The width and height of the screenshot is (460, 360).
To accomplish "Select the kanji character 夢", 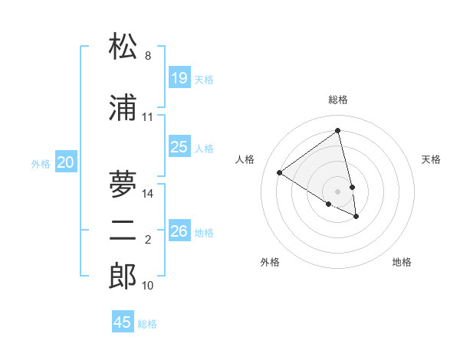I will coord(123,184).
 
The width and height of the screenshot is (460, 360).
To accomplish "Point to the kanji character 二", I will coord(123,231).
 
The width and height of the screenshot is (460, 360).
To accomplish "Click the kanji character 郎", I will coord(123,276).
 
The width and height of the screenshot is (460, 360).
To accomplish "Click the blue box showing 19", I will coord(179,78).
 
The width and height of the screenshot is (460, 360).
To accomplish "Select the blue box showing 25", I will coord(179,147).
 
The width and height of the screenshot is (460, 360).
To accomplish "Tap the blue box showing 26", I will coord(179,231).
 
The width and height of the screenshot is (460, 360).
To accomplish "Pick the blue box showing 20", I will coord(66,162).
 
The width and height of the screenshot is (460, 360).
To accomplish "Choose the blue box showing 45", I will coord(123,322).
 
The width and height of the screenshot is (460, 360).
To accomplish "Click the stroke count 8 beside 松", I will coord(148,56).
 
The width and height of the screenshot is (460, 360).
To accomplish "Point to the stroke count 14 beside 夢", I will coord(148,193).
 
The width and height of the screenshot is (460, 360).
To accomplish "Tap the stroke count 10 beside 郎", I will coord(148,286).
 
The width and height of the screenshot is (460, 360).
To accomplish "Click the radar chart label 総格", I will coord(338,100).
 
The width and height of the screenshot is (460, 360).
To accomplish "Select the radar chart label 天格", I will coord(432,159).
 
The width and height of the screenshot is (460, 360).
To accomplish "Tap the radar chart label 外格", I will coord(270,262).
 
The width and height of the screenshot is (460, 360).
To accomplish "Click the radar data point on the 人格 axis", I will coord(280,172).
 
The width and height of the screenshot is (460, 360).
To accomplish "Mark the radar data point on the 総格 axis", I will coord(338,131).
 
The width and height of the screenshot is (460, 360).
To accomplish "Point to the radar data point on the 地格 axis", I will coord(356,217).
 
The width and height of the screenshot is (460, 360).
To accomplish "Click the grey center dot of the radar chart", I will coord(338,191).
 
